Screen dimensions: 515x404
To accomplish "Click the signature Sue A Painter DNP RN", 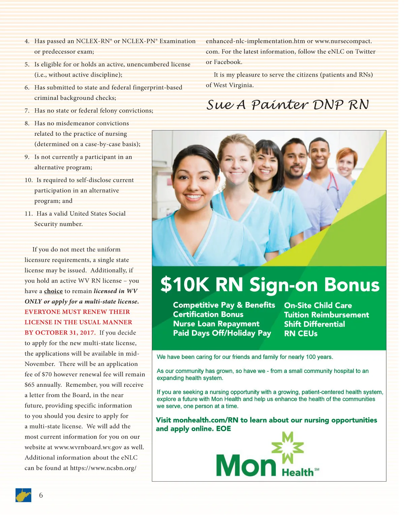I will (288, 104).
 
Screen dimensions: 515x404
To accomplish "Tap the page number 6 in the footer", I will (41, 495).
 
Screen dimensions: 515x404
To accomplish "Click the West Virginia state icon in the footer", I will (23, 495).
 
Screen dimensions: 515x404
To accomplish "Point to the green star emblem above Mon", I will (288, 447).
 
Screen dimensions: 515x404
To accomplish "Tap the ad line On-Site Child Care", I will (318, 305).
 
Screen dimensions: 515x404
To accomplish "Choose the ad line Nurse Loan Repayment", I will (216, 324).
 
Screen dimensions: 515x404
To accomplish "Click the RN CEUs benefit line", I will (301, 334).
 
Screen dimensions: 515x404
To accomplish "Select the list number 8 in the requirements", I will (27, 124).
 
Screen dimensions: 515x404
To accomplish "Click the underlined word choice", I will (54, 291).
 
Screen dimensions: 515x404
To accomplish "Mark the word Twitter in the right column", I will (365, 52).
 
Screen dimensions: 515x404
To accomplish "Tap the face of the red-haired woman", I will (345, 164).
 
